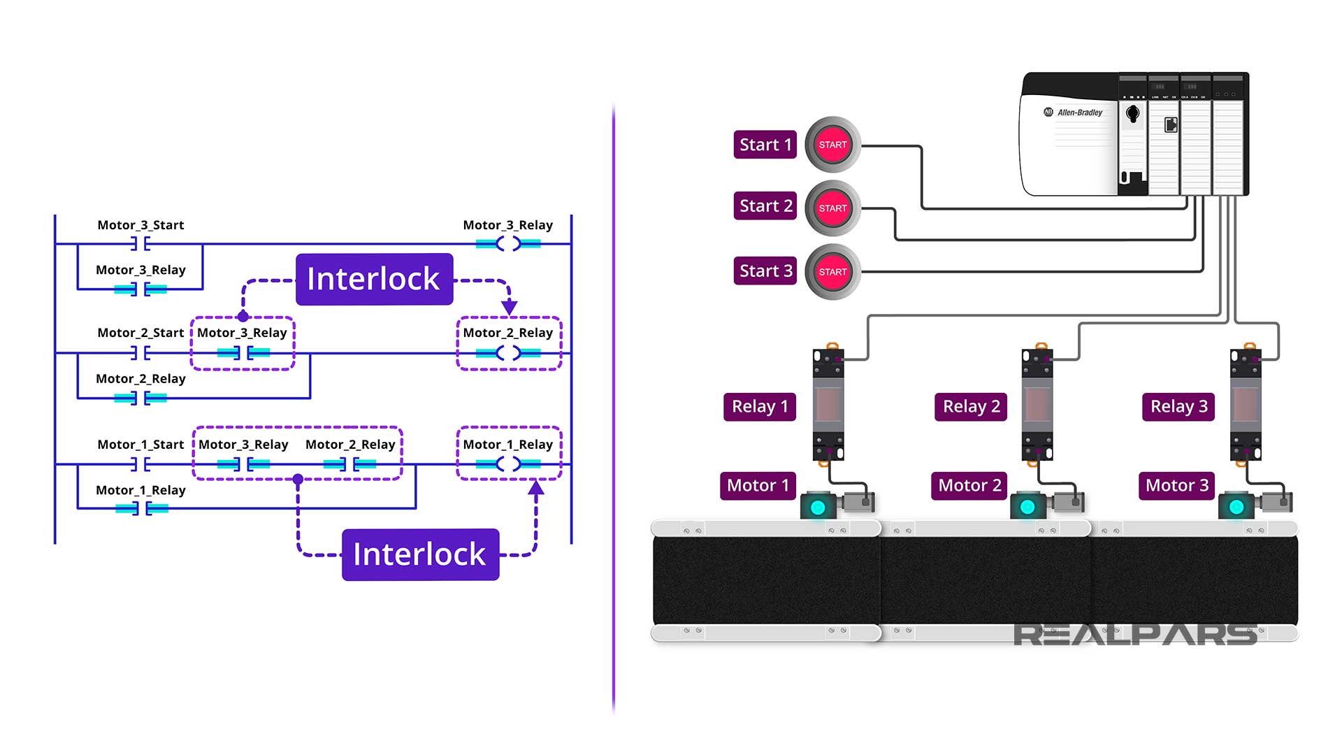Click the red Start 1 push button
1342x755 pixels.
[832, 145]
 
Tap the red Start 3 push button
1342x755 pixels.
[832, 272]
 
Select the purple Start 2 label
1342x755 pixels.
[765, 206]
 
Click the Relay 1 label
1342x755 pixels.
[760, 407]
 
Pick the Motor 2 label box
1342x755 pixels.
[969, 486]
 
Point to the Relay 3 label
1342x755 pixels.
[1178, 407]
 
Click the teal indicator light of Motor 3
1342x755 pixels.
[1236, 507]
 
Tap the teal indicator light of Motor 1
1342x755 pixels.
[818, 507]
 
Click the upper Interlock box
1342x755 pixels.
[374, 279]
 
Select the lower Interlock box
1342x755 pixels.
[420, 554]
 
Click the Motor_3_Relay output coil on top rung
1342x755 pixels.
[508, 244]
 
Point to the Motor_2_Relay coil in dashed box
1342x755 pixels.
[508, 353]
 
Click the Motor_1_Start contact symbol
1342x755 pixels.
[140, 464]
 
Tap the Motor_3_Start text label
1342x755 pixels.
[140, 225]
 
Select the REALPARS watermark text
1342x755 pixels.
[1135, 634]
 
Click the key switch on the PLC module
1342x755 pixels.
[1133, 113]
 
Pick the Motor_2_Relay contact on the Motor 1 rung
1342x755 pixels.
[349, 464]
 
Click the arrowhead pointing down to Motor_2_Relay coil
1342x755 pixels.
[510, 306]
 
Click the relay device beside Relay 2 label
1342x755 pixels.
[1037, 404]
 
